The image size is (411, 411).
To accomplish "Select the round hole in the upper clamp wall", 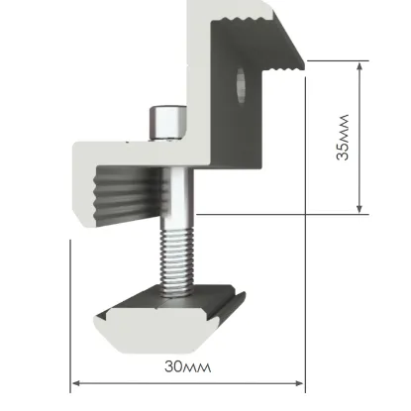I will tap(243, 85).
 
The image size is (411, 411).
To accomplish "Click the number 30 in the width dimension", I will tap(173, 365).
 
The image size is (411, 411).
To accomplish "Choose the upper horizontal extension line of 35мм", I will tap(332, 59).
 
